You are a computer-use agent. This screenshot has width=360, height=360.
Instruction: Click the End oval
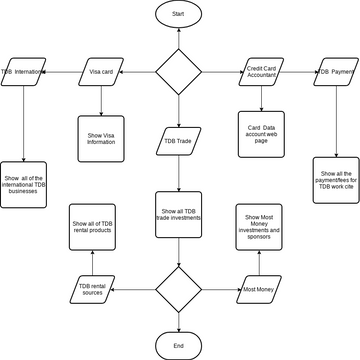[x=178, y=345]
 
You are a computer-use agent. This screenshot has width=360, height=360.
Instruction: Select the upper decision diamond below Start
[x=178, y=72]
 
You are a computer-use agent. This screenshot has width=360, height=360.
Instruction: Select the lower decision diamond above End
[x=178, y=290]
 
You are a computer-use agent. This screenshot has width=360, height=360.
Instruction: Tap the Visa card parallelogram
[x=100, y=72]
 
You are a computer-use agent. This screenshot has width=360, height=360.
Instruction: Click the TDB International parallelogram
[x=23, y=72]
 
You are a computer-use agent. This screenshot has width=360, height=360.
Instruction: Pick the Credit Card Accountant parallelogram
[x=261, y=72]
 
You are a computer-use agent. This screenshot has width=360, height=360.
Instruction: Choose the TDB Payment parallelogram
[x=337, y=72]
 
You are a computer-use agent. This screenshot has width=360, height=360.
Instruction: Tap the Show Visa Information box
[x=100, y=139]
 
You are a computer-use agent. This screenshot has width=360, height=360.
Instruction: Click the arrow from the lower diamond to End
[x=178, y=320]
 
